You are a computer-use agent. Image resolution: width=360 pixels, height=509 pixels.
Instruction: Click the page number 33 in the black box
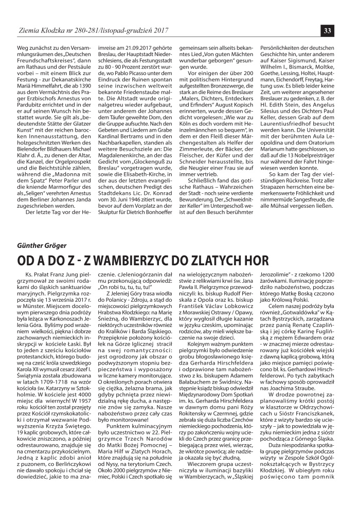[327, 30]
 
